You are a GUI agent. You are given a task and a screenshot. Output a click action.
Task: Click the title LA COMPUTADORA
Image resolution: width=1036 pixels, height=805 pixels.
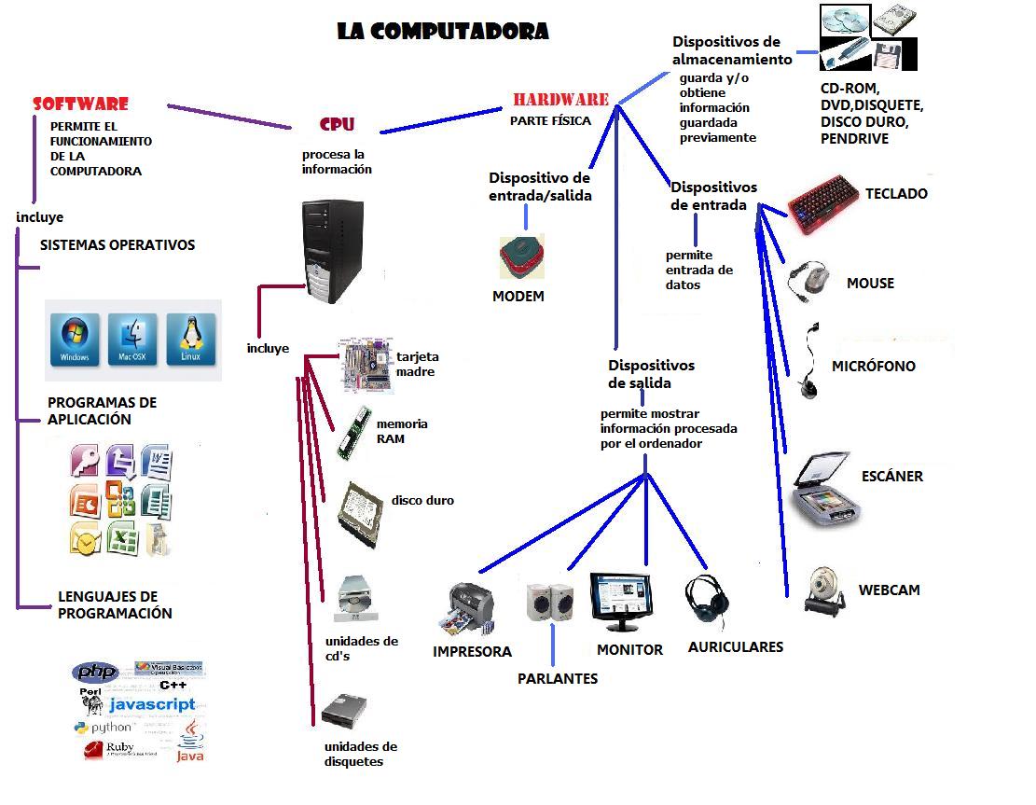[443, 31]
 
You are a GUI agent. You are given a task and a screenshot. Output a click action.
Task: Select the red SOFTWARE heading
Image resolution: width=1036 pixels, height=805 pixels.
[80, 104]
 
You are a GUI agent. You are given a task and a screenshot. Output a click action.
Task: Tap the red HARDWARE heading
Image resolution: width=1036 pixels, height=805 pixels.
[560, 100]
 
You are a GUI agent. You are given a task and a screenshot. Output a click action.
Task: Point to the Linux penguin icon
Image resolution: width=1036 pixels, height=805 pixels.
[191, 339]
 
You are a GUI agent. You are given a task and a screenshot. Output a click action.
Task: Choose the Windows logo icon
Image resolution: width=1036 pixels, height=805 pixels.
[75, 339]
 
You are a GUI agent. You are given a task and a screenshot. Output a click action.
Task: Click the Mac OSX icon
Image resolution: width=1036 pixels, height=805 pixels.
[132, 339]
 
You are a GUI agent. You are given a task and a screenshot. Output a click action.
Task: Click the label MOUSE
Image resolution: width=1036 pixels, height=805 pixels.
[870, 283]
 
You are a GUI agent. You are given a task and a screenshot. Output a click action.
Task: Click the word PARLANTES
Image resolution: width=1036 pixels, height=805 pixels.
[557, 678]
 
